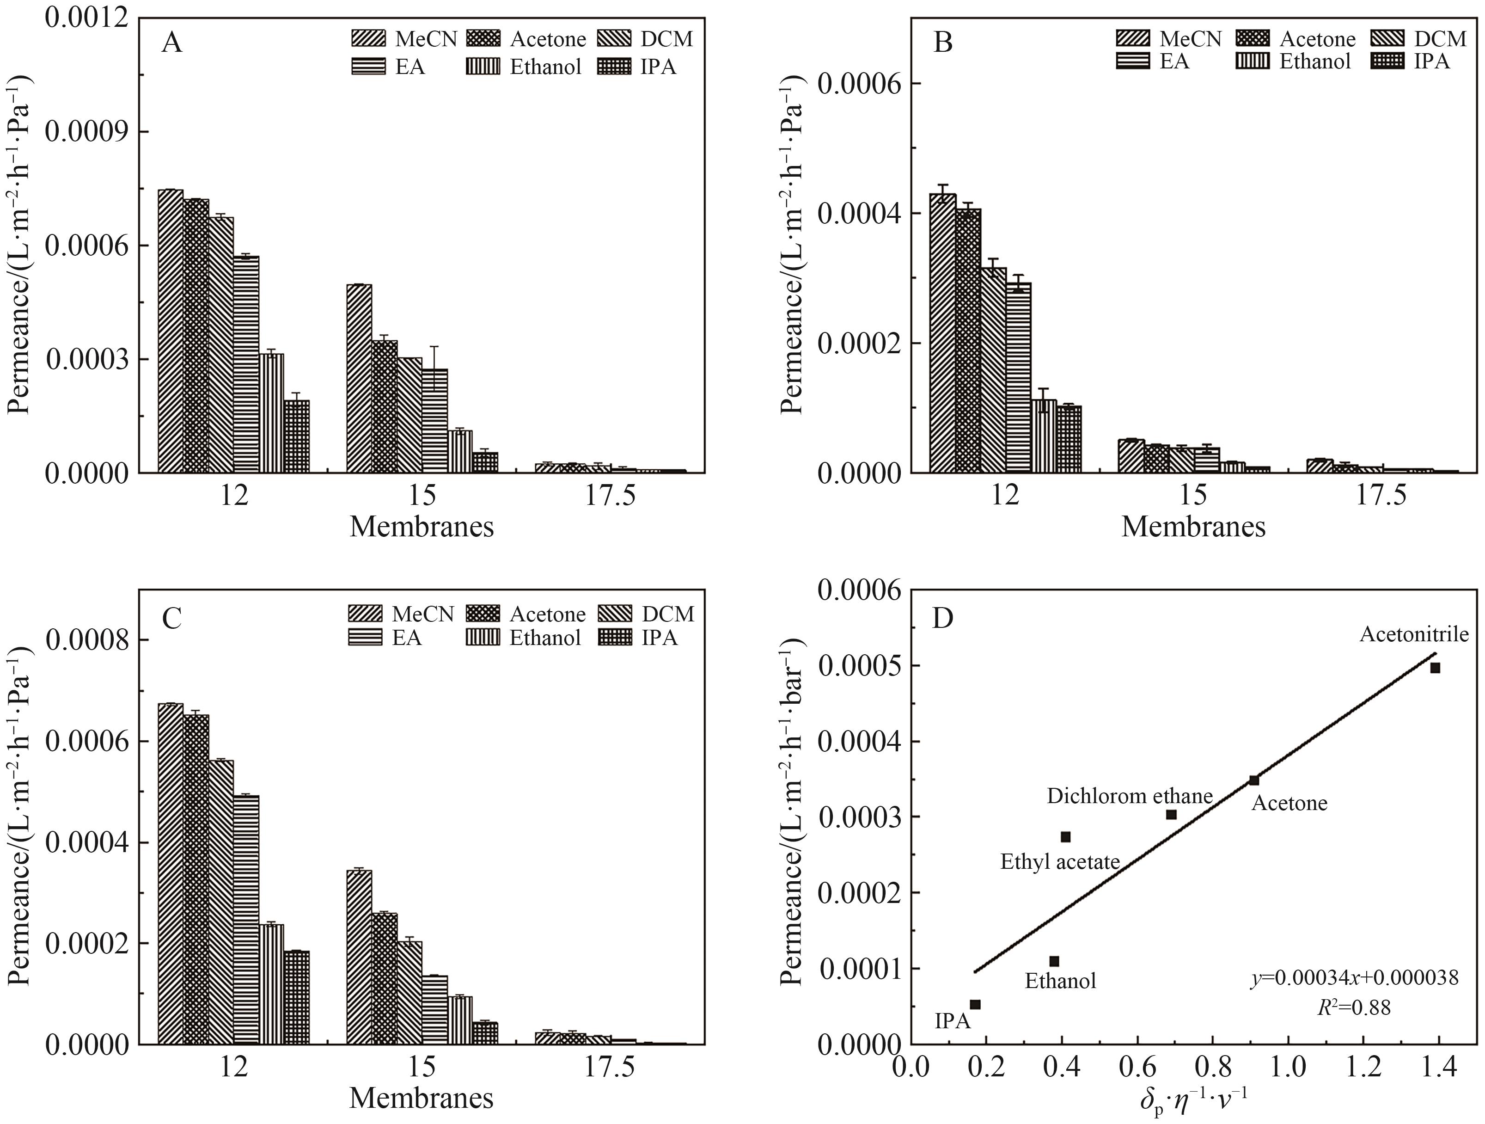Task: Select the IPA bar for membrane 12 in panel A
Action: tap(297, 436)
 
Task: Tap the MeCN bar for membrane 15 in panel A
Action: tap(359, 379)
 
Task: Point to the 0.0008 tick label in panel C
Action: tap(87, 640)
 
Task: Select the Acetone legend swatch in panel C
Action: tap(483, 614)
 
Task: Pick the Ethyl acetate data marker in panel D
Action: tap(1065, 836)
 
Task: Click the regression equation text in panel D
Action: tap(1354, 977)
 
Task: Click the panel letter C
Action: tap(172, 618)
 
